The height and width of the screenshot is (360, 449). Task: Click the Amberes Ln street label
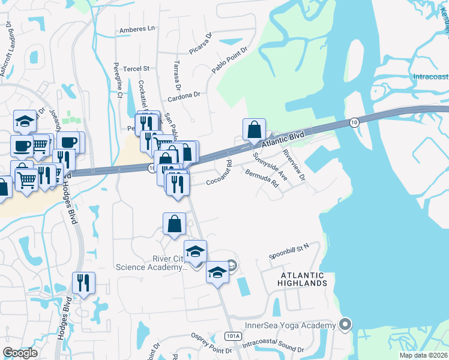pos(137,28)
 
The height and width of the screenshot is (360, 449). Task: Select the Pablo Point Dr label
pos(229,61)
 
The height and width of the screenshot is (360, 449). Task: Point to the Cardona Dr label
pos(183,95)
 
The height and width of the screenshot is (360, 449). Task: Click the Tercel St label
pos(136,69)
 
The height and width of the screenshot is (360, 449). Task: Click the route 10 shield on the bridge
pos(354,122)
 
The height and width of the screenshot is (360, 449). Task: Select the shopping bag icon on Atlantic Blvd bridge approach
pos(255,130)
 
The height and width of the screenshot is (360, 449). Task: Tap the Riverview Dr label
pos(294,166)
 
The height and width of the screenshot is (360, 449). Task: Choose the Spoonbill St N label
pos(289,247)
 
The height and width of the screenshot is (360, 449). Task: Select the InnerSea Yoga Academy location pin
pos(345,325)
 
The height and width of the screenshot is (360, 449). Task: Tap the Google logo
pos(20,353)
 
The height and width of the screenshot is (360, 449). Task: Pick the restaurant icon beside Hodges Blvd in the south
pos(83,283)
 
